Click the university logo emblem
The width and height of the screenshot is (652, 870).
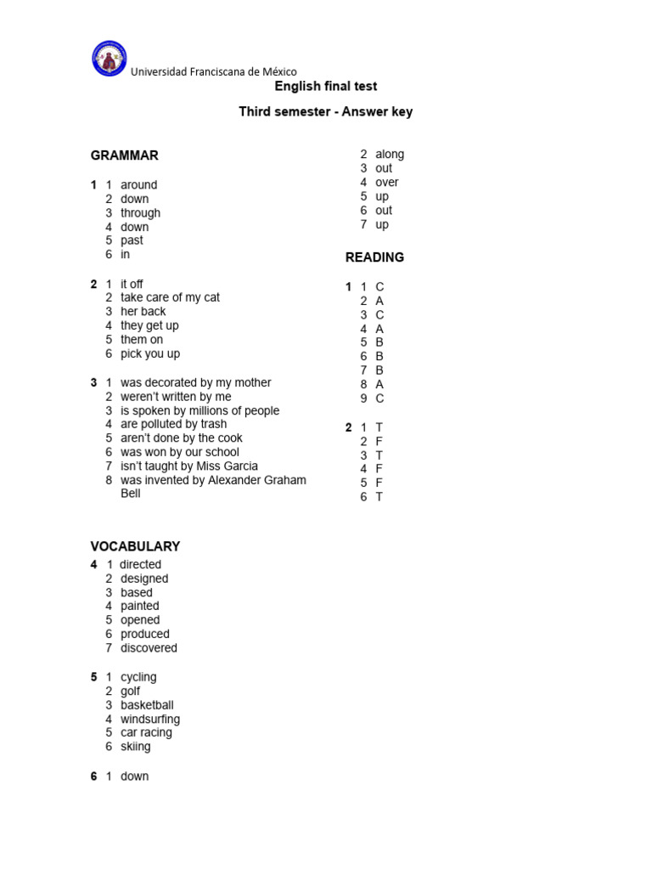pyautogui.click(x=109, y=59)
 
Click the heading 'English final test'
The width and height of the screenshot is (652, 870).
pyautogui.click(x=326, y=87)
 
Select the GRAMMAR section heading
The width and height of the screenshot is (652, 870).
pyautogui.click(x=125, y=155)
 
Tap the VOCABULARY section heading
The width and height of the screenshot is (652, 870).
pyautogui.click(x=136, y=546)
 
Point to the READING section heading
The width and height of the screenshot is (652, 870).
pyautogui.click(x=374, y=257)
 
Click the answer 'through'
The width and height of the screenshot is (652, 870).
pyautogui.click(x=140, y=213)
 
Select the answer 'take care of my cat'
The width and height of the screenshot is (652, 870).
pyautogui.click(x=170, y=297)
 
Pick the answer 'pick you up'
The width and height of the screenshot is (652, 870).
pyautogui.click(x=150, y=353)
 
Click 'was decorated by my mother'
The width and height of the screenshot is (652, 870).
pyautogui.click(x=196, y=383)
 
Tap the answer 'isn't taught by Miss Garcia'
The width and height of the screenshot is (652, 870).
pyautogui.click(x=189, y=466)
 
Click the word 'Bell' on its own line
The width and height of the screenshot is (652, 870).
pyautogui.click(x=131, y=494)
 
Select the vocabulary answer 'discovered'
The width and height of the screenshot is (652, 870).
pyautogui.click(x=149, y=648)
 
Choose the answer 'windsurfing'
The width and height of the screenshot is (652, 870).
pyautogui.click(x=150, y=720)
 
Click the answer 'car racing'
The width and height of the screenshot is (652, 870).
pyautogui.click(x=146, y=732)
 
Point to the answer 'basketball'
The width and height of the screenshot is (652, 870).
pyautogui.click(x=147, y=705)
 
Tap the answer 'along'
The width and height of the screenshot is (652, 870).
pyautogui.click(x=390, y=155)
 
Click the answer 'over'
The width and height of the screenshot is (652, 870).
pyautogui.click(x=386, y=183)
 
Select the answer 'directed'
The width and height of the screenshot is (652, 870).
pyautogui.click(x=141, y=565)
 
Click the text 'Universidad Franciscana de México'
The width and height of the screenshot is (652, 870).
pyautogui.click(x=214, y=72)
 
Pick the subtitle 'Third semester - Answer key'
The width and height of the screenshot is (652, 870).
pyautogui.click(x=326, y=112)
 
